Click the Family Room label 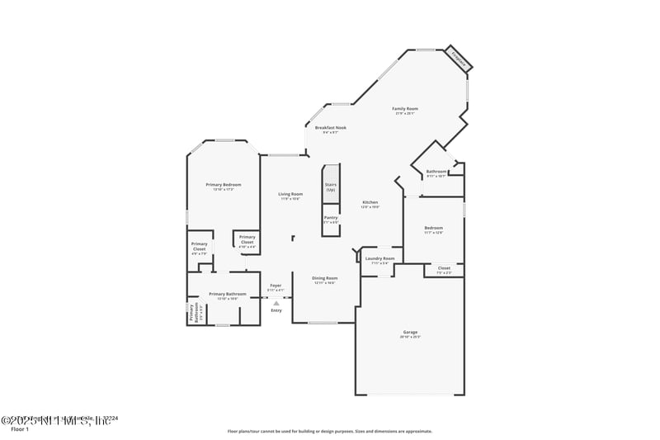404,109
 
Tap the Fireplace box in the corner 459,59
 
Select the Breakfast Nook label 330,128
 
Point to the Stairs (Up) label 331,187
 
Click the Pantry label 330,218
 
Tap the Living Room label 290,194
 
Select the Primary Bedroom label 224,185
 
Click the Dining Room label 325,278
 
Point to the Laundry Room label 379,258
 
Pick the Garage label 410,333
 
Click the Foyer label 276,286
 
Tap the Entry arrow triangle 276,303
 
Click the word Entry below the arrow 276,310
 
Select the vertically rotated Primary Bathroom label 191,312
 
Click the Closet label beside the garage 444,268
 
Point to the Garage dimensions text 410,338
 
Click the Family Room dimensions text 404,114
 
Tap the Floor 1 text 19,429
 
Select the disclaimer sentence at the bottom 329,431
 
